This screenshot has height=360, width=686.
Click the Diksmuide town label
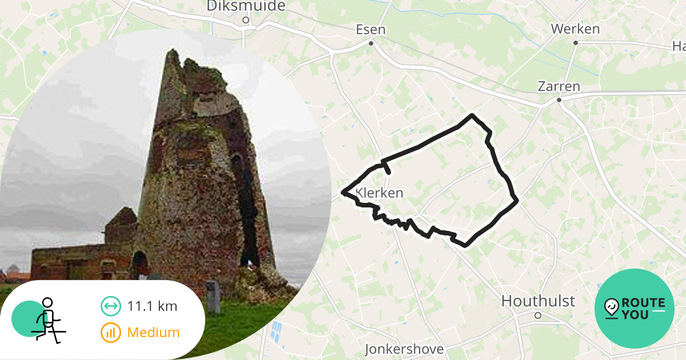coord(246,6)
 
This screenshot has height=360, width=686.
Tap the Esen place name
coord(370,30)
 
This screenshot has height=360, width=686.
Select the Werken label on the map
coord(575,29)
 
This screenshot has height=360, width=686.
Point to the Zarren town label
coord(559,87)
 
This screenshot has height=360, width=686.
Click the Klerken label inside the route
coord(380,193)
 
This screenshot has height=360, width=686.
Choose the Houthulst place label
coord(538,301)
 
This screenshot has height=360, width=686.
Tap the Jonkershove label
coord(404,349)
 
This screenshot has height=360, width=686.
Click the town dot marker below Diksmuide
coord(245,20)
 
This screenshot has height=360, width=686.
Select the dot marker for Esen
coord(371,43)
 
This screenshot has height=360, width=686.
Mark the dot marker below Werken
coord(576,43)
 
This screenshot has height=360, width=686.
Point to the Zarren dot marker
coord(560,100)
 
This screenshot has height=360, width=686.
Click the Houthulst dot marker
coord(538,315)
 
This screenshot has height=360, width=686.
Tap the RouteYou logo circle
coord(635,309)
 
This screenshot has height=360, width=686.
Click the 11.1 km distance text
coord(152,306)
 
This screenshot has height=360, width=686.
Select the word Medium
coord(153,332)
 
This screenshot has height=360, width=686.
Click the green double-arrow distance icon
coord(111,306)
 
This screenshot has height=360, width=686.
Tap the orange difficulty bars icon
coord(111,332)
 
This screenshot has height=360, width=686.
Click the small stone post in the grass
coord(213,297)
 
